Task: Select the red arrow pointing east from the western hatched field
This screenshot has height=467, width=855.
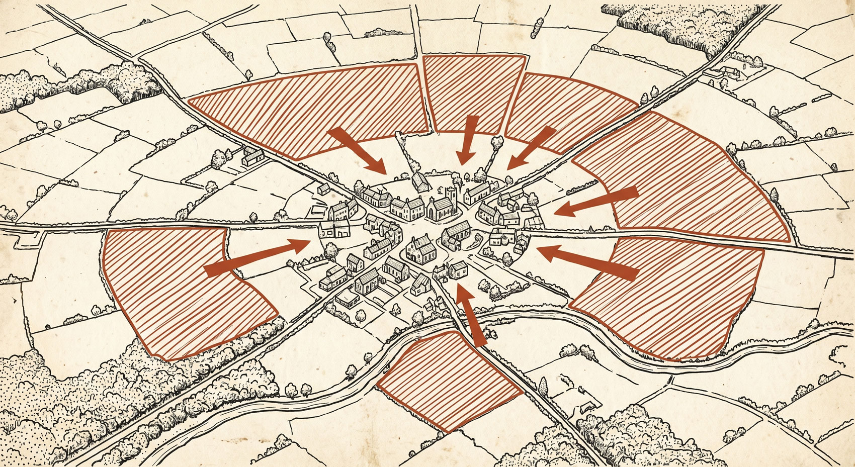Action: click(x=256, y=256)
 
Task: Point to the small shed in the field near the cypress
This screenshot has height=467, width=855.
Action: click(x=587, y=406)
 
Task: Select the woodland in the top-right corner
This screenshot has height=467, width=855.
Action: click(x=684, y=25)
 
